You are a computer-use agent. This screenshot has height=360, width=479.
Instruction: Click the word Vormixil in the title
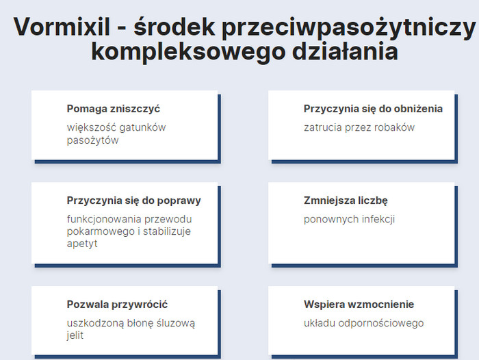(x=62, y=27)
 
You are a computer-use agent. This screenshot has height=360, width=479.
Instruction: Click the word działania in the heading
(x=345, y=51)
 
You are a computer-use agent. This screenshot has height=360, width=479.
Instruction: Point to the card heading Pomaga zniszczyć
(x=114, y=109)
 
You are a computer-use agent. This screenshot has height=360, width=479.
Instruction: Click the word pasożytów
(x=92, y=140)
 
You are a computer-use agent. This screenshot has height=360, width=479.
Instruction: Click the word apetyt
(x=82, y=244)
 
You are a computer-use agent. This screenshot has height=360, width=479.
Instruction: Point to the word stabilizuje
(x=167, y=231)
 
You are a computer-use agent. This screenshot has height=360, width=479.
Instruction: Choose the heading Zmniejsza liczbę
(x=346, y=201)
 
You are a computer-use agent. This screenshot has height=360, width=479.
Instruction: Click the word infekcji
(x=378, y=219)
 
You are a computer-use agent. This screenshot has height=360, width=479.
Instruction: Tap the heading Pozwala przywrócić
(x=117, y=305)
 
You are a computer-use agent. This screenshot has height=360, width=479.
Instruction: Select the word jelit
(x=75, y=335)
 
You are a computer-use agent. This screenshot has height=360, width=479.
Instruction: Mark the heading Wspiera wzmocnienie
(x=359, y=305)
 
